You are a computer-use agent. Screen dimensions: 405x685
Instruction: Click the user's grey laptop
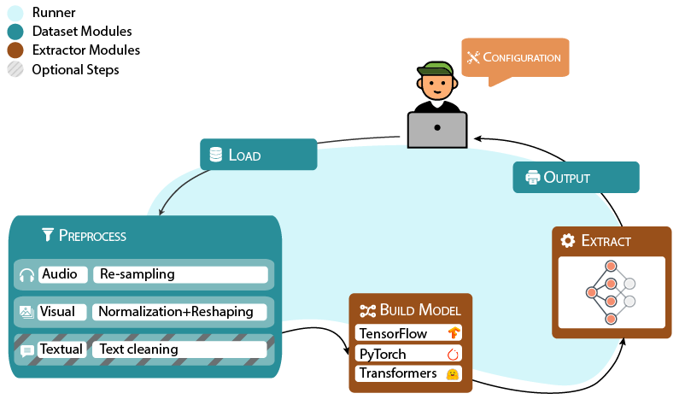pos(437,127)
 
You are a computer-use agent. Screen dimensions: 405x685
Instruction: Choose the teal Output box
pos(576,177)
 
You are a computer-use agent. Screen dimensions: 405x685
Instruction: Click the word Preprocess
pos(92,235)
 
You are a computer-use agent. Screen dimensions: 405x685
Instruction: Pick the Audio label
pos(61,274)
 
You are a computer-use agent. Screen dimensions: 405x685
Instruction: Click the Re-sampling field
pos(179,274)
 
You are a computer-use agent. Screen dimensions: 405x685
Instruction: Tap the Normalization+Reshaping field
pos(179,312)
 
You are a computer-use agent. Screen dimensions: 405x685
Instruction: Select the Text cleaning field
pos(179,349)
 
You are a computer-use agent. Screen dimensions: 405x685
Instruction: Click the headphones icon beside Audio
pos(26,275)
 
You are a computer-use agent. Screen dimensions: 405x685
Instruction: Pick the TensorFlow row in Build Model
pos(407,333)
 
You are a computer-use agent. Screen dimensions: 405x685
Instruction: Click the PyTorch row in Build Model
pos(407,354)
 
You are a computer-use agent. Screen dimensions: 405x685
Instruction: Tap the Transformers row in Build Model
pos(407,373)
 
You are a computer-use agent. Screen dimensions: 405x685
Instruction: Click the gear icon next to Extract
pos(567,241)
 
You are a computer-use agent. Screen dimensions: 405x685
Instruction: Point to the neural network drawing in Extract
pos(610,292)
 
